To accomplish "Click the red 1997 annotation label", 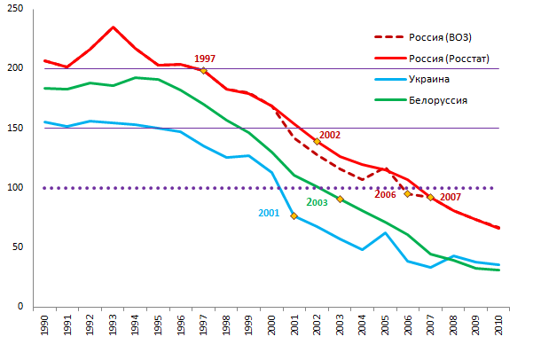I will (204, 59).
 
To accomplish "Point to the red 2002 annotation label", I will (330, 135).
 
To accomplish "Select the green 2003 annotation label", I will (317, 203).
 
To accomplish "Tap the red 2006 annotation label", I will (386, 194).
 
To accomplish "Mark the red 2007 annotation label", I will (450, 196).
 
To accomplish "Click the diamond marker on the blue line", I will (294, 215).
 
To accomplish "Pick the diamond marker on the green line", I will (340, 199).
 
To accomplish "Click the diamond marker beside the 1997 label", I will (203, 70).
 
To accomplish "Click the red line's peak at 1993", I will (113, 27).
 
